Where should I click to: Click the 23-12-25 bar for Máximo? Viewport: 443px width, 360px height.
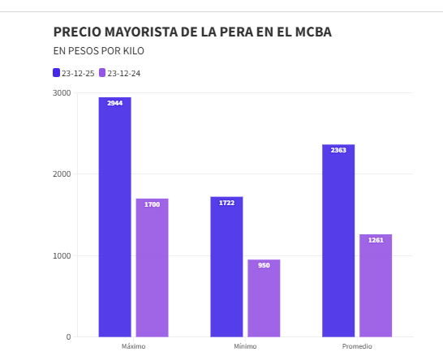point(114,217)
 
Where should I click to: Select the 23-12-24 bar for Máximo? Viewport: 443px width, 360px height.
point(152,268)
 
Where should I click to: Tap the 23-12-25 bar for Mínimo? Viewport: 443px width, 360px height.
point(226,267)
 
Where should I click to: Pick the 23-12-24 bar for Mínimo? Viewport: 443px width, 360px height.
point(264,298)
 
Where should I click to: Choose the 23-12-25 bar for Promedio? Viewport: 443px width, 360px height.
point(338,241)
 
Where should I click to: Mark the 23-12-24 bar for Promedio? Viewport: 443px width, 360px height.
point(376,285)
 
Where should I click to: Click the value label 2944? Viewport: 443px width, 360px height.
point(114,103)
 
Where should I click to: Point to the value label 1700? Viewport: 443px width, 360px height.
point(152,204)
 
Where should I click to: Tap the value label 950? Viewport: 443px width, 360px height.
point(264,265)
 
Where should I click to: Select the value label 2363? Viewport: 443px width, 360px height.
point(338,150)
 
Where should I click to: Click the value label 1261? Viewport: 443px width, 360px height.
point(376,240)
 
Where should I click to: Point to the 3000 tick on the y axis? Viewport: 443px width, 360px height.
point(62,92)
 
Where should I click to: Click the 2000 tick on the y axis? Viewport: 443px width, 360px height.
point(62,174)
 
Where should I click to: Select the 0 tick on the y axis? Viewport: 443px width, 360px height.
point(68,336)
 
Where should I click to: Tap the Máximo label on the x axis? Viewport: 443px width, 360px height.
point(133,346)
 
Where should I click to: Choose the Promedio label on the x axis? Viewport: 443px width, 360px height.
point(357,346)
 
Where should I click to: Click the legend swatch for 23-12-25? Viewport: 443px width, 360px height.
point(57,72)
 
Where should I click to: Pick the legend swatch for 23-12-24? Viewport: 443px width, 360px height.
point(103,72)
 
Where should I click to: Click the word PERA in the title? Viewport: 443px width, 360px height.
point(220,32)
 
